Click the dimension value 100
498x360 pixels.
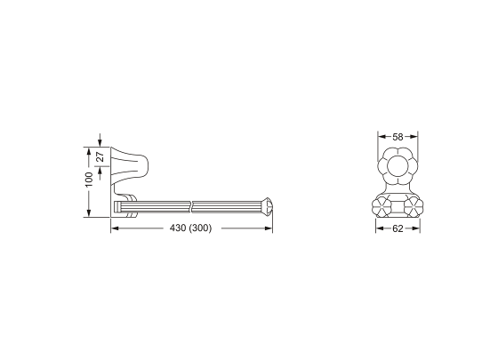[89, 180]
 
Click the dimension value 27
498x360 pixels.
[100, 156]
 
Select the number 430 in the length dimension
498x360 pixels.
[178, 228]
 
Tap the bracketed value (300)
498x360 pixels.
[200, 228]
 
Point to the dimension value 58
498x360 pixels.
[398, 137]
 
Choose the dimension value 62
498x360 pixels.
[398, 228]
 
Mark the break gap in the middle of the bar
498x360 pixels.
[192, 206]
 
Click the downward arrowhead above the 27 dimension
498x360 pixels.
[100, 143]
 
